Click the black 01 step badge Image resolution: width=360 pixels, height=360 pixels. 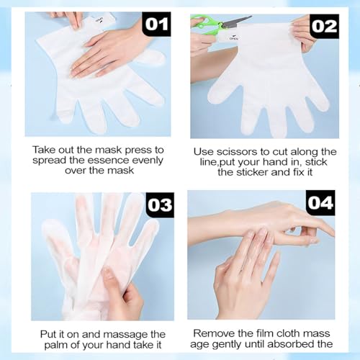pos(156,24)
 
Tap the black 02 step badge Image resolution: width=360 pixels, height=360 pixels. pos(324,26)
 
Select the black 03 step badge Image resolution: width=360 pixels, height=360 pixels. pos(158,203)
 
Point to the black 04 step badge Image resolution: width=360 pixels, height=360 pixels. pos(320,202)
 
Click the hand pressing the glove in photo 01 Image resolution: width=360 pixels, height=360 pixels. pos(108,50)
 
